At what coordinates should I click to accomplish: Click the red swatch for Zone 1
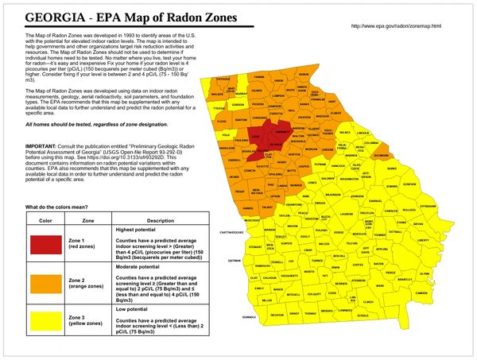(x=45, y=246)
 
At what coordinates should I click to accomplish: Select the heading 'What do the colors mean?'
(x=63, y=207)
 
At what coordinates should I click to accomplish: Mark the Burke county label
(x=391, y=169)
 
